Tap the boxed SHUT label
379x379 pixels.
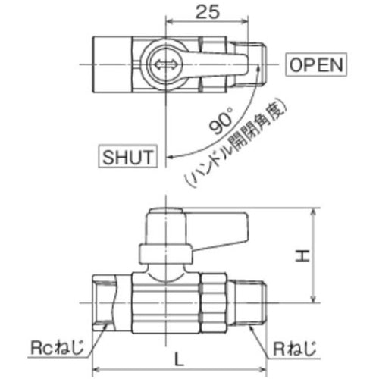click(x=127, y=157)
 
